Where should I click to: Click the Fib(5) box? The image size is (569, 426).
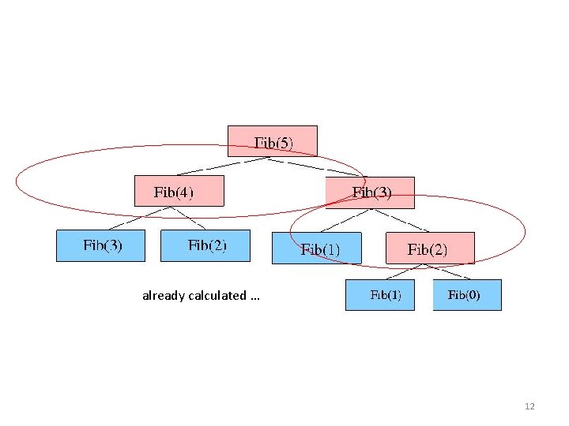(x=273, y=141)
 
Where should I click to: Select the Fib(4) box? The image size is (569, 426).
(x=179, y=191)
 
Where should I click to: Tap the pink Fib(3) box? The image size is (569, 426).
(x=370, y=192)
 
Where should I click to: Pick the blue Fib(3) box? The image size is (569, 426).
(x=100, y=245)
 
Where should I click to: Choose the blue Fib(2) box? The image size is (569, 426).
(x=205, y=245)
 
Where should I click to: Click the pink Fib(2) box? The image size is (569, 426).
(x=430, y=248)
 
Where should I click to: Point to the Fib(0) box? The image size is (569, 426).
(x=466, y=295)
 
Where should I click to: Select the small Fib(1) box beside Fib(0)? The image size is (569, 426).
(x=380, y=295)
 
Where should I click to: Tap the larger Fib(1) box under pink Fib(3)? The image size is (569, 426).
(x=317, y=248)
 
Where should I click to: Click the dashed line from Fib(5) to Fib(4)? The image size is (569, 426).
(x=222, y=166)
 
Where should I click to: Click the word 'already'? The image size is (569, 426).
(x=162, y=296)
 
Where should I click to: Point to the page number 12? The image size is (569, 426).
(x=529, y=406)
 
